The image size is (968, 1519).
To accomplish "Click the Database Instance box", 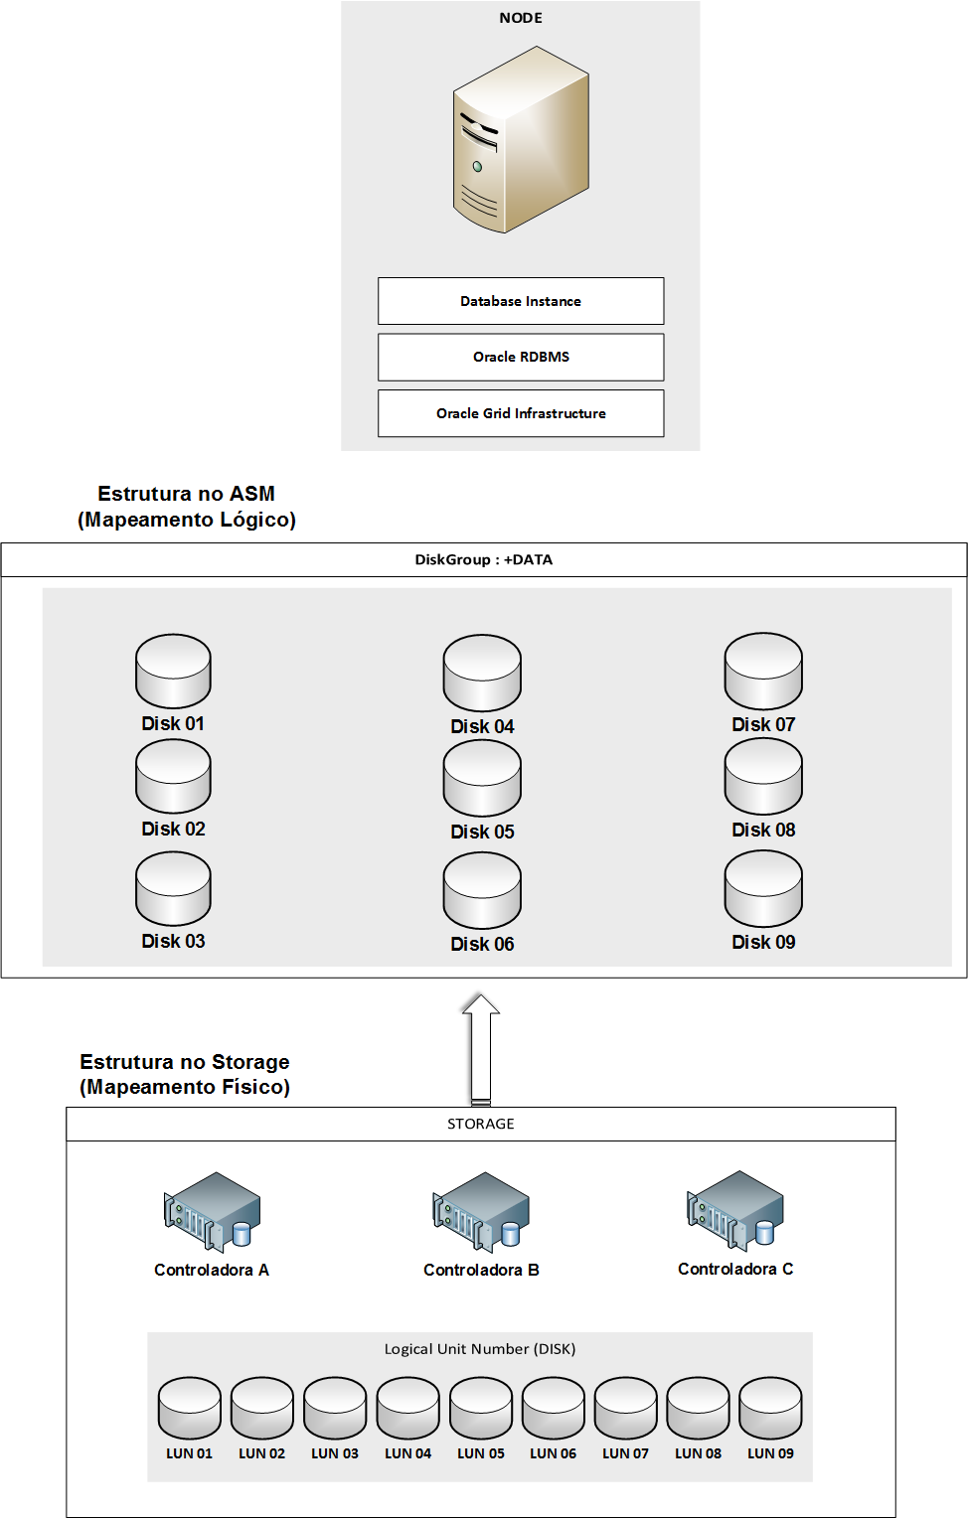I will [521, 301].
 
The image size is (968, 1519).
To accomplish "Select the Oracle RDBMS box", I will [521, 357].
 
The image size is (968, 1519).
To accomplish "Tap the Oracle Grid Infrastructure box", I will [521, 413].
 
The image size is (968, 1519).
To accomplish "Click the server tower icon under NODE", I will [521, 140].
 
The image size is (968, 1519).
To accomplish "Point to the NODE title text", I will [521, 18].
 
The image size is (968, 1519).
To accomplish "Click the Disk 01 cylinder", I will [173, 672].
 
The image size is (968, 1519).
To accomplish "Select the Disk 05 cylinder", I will [482, 779].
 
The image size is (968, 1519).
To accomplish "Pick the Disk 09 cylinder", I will [763, 889].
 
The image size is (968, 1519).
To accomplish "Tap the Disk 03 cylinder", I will [173, 889].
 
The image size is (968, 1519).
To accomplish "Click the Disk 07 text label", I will [763, 724].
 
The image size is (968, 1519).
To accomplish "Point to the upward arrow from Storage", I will [481, 1048].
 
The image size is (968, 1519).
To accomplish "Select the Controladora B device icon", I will [481, 1211].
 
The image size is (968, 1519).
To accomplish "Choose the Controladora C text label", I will [735, 1269].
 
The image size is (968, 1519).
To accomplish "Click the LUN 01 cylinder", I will [189, 1408].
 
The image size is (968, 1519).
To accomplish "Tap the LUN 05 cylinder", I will [481, 1408].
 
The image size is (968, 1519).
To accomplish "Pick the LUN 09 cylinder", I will [770, 1408].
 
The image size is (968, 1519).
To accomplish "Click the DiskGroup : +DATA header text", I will [484, 559].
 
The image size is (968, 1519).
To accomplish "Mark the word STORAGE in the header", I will [481, 1124].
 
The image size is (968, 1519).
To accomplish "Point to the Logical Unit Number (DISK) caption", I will [480, 1348].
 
